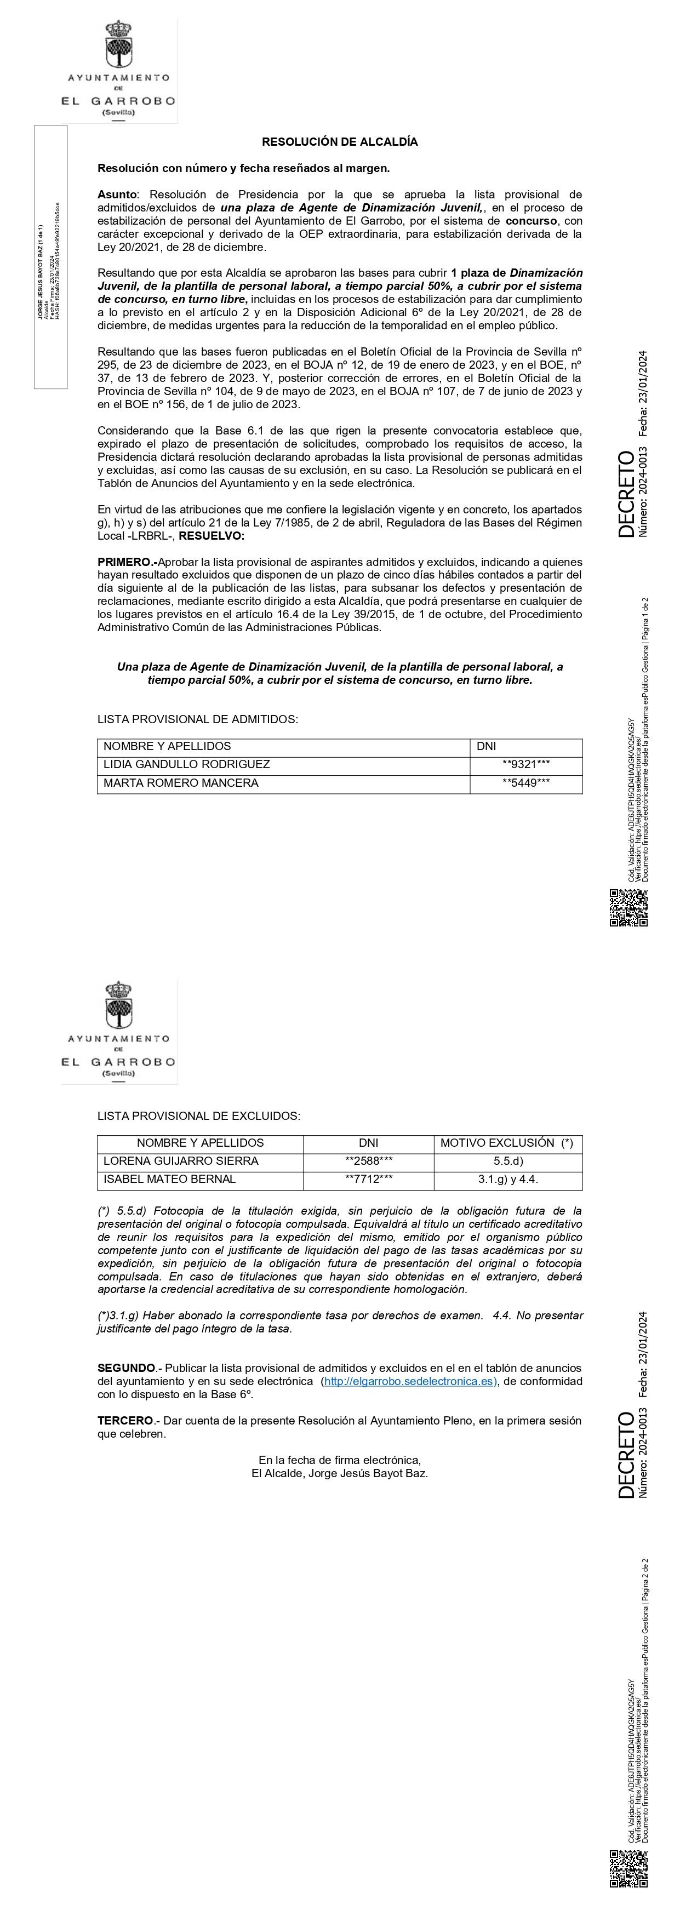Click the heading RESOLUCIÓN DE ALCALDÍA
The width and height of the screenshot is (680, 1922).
(x=340, y=142)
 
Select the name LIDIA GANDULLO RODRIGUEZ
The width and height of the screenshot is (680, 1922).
(x=187, y=764)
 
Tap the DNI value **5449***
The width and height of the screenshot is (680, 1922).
(x=525, y=783)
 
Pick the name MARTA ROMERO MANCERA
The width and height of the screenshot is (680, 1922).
(x=181, y=783)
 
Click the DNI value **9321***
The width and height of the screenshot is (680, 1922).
(x=525, y=764)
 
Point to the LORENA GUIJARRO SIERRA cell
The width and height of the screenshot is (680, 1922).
(x=181, y=1160)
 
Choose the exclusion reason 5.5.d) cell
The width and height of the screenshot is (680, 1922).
(x=507, y=1160)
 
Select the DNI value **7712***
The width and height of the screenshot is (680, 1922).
(x=369, y=1179)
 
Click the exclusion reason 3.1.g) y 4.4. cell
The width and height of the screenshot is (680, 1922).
(x=507, y=1179)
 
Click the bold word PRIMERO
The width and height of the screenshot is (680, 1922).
(x=124, y=562)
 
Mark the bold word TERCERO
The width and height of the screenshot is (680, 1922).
(x=124, y=1421)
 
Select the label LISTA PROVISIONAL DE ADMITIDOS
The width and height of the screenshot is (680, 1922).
(x=198, y=719)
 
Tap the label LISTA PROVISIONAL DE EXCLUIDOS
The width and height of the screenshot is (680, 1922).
(x=198, y=1116)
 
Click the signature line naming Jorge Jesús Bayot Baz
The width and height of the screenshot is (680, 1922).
(x=340, y=1473)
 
